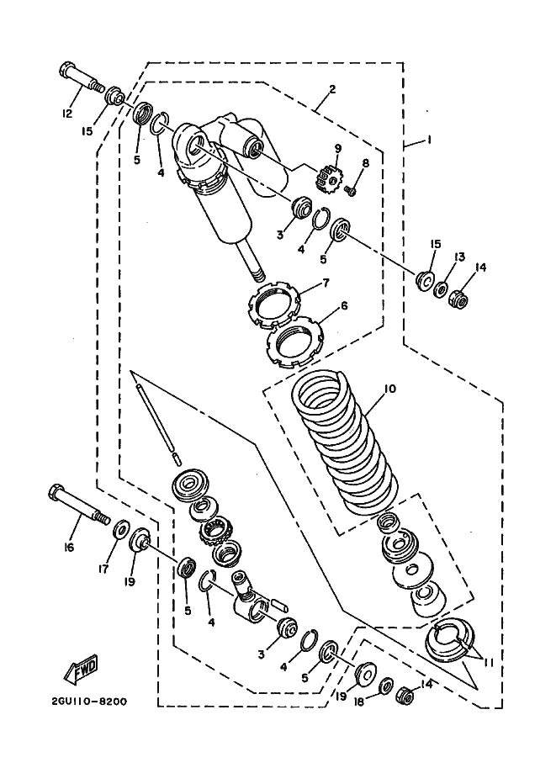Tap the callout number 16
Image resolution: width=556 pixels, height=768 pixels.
tap(69, 548)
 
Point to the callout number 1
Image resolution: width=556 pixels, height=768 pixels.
tap(429, 140)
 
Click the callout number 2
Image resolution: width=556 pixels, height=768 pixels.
tap(332, 89)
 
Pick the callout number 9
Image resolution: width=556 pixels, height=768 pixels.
tap(337, 148)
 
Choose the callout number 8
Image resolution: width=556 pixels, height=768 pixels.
tap(366, 163)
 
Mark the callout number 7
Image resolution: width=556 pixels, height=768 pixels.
tap(325, 283)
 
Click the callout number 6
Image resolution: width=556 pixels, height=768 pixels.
tap(344, 306)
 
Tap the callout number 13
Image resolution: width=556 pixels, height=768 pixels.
tap(459, 257)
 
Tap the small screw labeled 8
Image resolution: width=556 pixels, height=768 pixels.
tap(352, 191)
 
